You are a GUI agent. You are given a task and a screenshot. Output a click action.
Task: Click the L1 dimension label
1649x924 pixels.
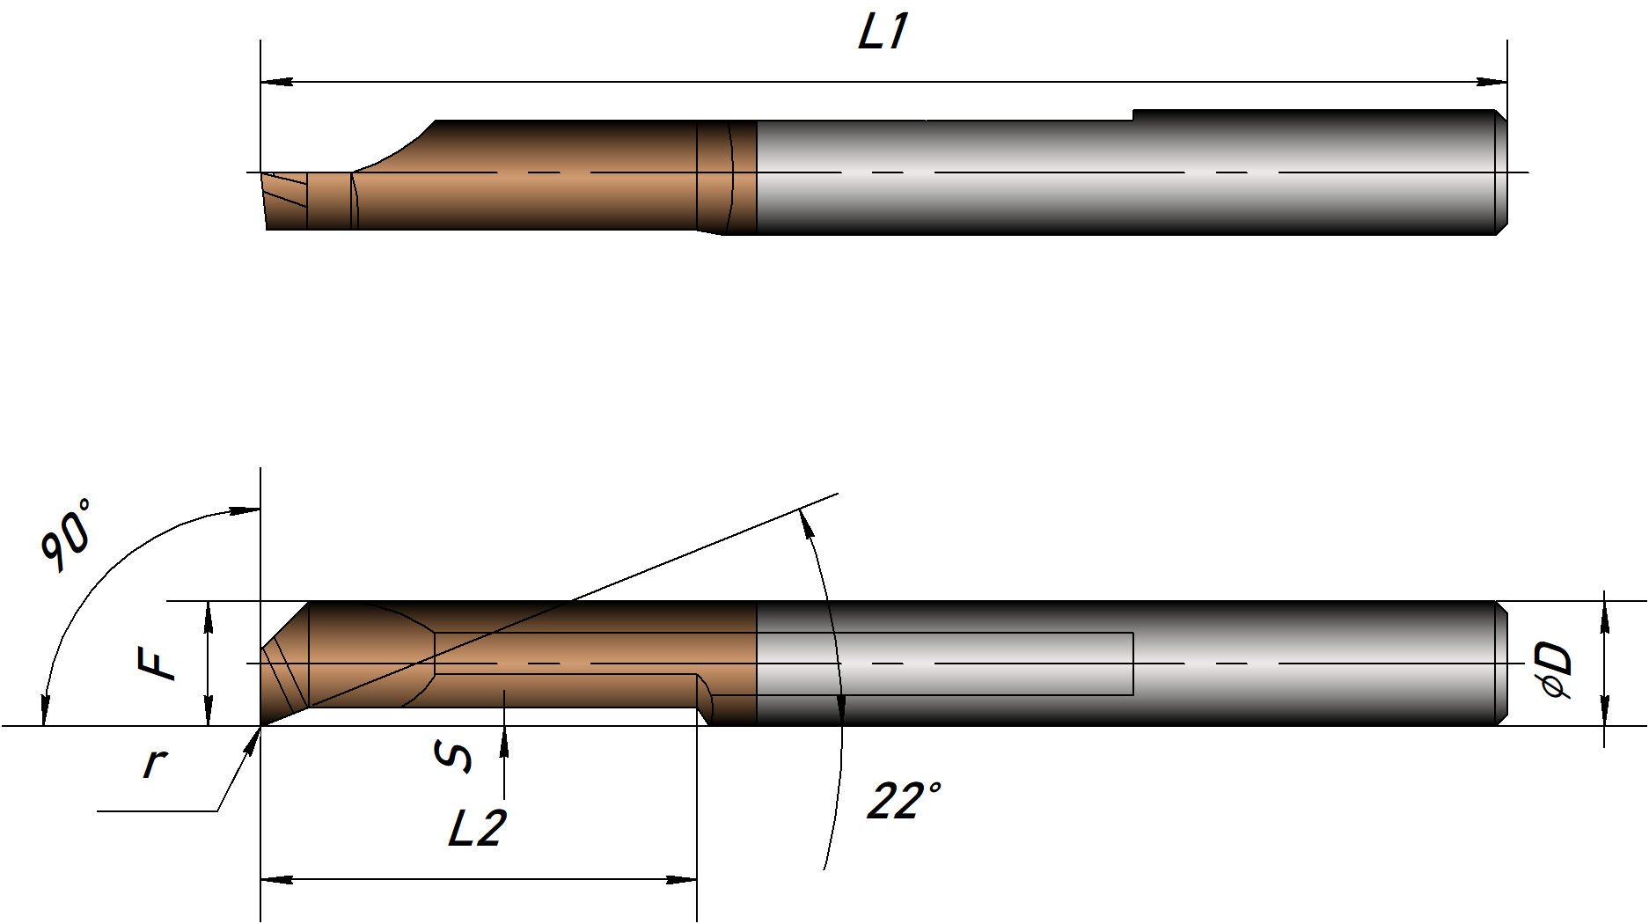point(883,32)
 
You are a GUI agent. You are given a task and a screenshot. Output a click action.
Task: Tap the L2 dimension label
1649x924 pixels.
point(477,828)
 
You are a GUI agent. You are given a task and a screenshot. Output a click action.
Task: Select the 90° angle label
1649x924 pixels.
point(66,535)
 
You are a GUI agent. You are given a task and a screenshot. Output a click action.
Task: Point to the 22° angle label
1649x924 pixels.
point(904,801)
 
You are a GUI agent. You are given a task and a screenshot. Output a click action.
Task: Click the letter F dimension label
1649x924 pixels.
point(158,663)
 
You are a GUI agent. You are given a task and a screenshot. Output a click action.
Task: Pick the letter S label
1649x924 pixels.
point(454,756)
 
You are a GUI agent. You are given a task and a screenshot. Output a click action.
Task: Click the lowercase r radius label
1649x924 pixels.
point(155,761)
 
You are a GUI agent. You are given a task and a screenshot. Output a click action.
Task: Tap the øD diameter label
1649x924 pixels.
point(1555,670)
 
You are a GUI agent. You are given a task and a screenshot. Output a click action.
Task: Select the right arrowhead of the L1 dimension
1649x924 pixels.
point(1491,82)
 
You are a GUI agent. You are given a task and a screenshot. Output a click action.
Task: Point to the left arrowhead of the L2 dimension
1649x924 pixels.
point(277,879)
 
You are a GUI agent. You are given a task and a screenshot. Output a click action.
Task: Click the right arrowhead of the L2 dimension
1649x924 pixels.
point(681,879)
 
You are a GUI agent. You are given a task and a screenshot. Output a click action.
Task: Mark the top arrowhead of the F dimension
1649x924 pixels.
point(209,618)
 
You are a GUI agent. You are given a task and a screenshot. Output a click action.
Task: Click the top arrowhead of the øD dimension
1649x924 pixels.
point(1604,617)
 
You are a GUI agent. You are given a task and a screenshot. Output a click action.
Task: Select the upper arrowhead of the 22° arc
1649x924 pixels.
point(804,524)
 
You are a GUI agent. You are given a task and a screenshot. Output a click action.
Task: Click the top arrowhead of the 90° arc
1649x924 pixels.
point(245,510)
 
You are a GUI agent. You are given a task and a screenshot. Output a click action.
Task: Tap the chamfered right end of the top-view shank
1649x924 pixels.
point(1501,172)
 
